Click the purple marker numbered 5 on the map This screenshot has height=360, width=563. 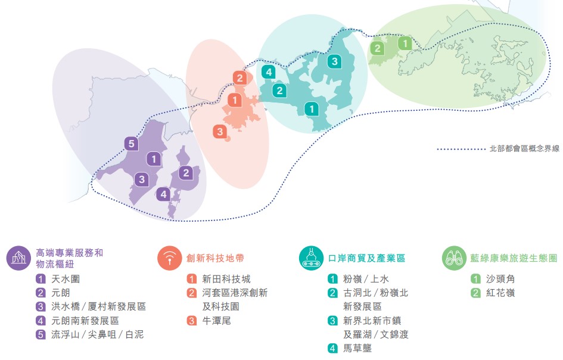pyautogui.click(x=132, y=144)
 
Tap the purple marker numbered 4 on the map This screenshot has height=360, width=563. pyautogui.click(x=163, y=194)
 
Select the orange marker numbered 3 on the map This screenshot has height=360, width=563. pyautogui.click(x=220, y=132)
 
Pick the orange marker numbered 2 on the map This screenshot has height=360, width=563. pyautogui.click(x=240, y=78)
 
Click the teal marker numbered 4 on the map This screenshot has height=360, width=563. pyautogui.click(x=269, y=72)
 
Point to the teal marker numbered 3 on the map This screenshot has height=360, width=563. pyautogui.click(x=334, y=61)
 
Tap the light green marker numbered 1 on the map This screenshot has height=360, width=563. pyautogui.click(x=405, y=44)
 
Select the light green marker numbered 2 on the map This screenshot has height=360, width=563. pyautogui.click(x=377, y=48)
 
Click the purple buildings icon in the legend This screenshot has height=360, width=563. pyautogui.click(x=18, y=258)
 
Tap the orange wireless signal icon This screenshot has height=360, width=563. pyautogui.click(x=169, y=258)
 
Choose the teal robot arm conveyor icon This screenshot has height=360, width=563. pyautogui.click(x=312, y=258)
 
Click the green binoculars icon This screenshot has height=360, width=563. pyautogui.click(x=454, y=258)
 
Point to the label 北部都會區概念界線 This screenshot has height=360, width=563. pyautogui.click(x=524, y=149)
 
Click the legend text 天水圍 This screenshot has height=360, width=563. pyautogui.click(x=66, y=279)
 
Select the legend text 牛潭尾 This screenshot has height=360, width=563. pyautogui.click(x=216, y=321)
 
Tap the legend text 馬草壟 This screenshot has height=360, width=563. pyautogui.click(x=357, y=348)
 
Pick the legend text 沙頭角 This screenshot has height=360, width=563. pyautogui.click(x=500, y=279)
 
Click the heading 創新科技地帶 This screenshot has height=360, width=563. pyautogui.click(x=215, y=258)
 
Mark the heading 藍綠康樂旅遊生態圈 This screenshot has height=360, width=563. pyautogui.click(x=514, y=258)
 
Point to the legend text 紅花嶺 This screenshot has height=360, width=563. pyautogui.click(x=500, y=293)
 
